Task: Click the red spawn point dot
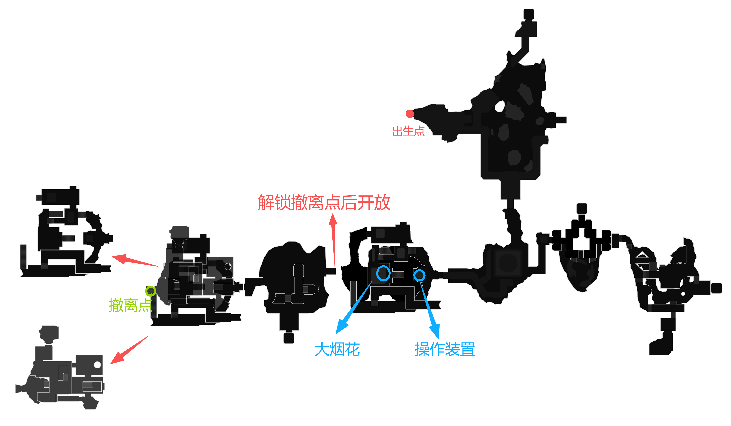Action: click(410, 114)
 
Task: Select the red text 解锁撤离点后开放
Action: click(324, 203)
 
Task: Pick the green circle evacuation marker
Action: click(150, 291)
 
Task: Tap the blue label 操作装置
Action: click(445, 349)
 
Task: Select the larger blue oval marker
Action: click(383, 273)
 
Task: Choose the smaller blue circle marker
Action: click(419, 275)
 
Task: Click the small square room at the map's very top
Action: click(529, 14)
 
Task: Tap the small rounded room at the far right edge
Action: click(716, 288)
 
